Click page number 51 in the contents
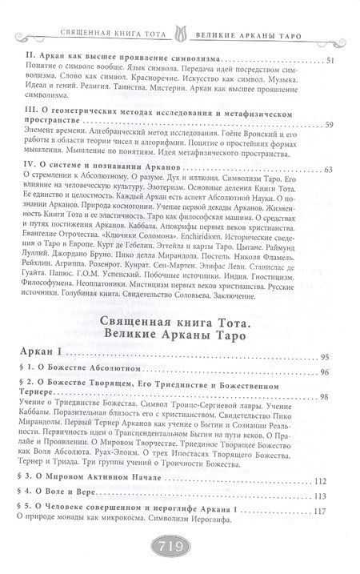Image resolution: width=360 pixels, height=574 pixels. pos(330,62)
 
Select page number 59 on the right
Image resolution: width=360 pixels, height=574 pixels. pos(330,126)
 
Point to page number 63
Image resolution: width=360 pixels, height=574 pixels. pos(330,169)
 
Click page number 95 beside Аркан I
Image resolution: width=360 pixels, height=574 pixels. pos(325,356)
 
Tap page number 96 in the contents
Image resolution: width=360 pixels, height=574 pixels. pos(325,374)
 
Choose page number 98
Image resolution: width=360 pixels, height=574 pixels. pos(325,398)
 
